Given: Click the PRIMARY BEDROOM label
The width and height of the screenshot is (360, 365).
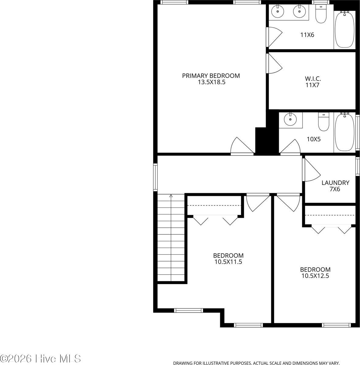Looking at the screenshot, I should coord(211,75).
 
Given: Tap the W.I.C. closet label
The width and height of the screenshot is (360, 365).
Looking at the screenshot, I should coord(313,79).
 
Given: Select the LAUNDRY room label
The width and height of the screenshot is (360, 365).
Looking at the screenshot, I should coord(335,183).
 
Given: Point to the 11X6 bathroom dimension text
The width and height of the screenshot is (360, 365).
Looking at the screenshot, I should coord(307,35).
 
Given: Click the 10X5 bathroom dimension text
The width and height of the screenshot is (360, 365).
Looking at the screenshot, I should coord(313,139).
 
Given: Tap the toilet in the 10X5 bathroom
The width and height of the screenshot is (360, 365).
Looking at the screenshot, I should coord(323,122).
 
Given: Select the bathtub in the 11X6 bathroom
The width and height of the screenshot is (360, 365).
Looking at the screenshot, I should coord(344,30).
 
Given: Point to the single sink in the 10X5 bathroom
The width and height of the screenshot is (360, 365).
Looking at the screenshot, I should coord(291,120).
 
